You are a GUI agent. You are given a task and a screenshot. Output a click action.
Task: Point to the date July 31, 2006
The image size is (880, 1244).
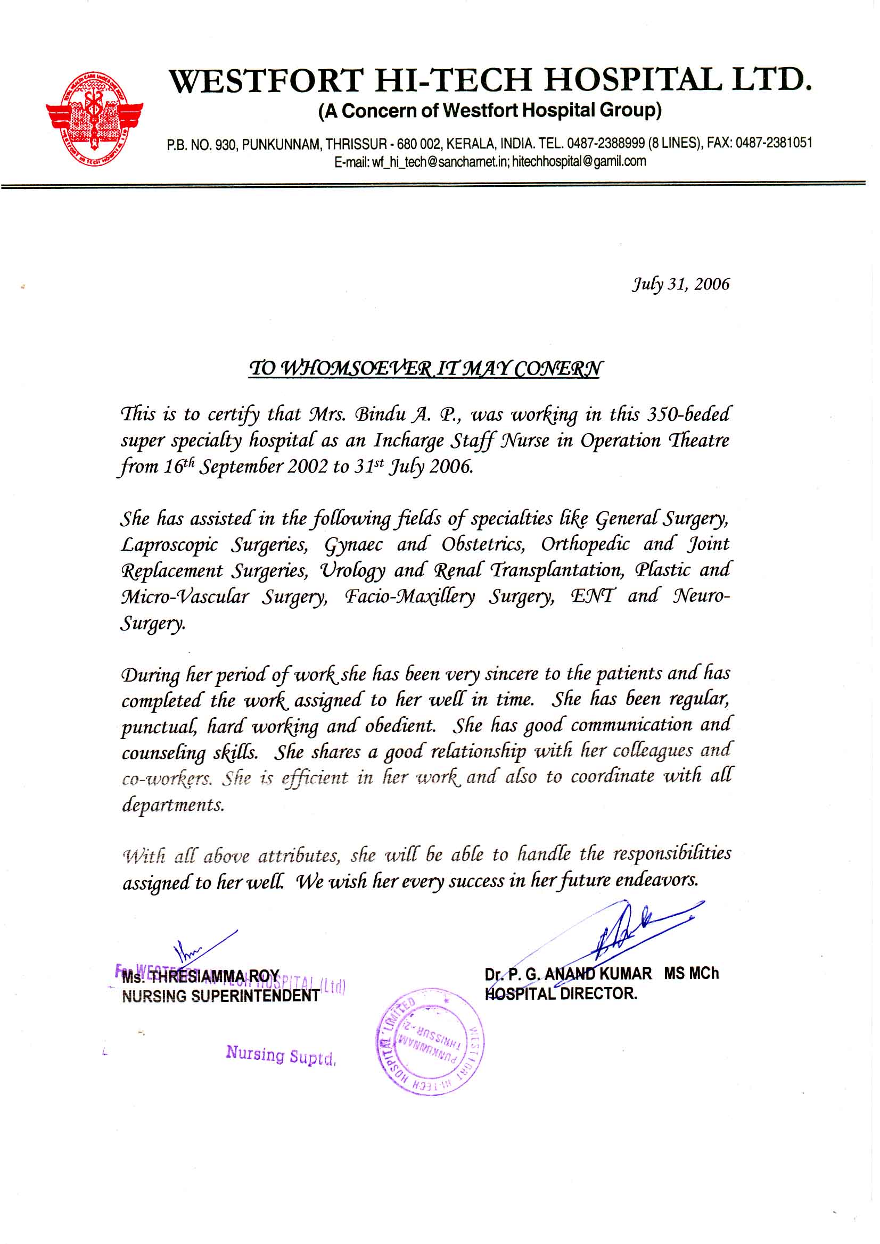click(x=680, y=285)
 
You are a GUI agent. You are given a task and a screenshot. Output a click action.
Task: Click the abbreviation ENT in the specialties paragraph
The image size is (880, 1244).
click(x=593, y=596)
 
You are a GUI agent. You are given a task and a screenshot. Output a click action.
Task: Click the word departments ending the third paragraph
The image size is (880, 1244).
click(x=172, y=805)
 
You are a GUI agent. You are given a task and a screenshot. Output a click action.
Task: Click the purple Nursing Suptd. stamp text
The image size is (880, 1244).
click(x=281, y=1055)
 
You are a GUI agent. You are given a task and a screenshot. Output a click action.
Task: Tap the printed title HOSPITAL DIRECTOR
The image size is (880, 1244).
click(x=561, y=994)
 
